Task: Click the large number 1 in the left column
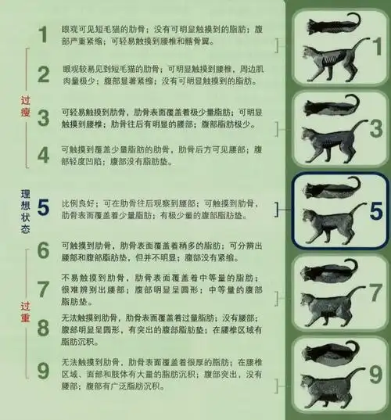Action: tap(44, 34)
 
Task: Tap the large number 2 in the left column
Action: tap(44, 75)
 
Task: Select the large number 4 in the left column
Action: tap(44, 154)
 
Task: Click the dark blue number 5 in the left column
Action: tap(44, 207)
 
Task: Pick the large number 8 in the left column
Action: tap(44, 326)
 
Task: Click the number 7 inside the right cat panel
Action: tap(373, 293)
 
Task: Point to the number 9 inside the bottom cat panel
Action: tap(373, 374)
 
